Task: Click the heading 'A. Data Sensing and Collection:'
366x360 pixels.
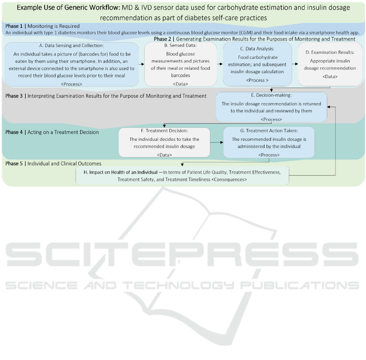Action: (x=71, y=45)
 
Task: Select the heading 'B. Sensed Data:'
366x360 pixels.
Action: (x=180, y=45)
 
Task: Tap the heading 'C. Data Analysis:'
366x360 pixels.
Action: (x=257, y=48)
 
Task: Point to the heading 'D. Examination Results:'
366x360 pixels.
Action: (x=330, y=52)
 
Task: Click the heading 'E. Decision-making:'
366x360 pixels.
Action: (x=271, y=95)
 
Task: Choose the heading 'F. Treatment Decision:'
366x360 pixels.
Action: (x=165, y=131)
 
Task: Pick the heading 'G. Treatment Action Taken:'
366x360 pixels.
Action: (x=269, y=131)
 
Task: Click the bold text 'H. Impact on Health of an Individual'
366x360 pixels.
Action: (x=121, y=172)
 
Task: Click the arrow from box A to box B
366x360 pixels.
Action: (x=141, y=64)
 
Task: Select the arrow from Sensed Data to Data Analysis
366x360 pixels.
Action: (x=220, y=64)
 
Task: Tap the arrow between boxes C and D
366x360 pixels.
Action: (x=295, y=64)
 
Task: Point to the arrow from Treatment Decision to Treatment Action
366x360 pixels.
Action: (x=217, y=142)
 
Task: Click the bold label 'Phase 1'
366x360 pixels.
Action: (x=14, y=26)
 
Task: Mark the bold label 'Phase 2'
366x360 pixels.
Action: (x=162, y=39)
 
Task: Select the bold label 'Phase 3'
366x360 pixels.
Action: (x=14, y=96)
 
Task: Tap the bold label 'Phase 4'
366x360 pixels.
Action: (x=14, y=132)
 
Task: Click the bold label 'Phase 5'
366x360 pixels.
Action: (x=14, y=164)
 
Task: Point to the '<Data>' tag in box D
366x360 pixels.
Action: (x=330, y=76)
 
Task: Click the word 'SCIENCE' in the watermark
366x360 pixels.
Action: (x=41, y=285)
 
